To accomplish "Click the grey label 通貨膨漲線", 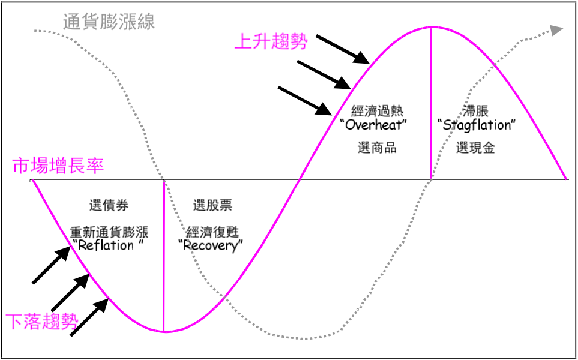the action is coord(109,22).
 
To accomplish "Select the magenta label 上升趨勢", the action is coord(271,41).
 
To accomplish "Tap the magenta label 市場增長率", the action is coord(58,166).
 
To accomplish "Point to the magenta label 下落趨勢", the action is coord(42,322).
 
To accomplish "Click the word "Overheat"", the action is coord(376,125).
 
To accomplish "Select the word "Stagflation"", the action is coord(476,125).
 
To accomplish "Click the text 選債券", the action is coord(109,205).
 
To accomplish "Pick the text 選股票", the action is coord(212,205).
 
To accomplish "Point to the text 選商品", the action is coord(377,148).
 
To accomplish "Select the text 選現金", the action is coord(475,148).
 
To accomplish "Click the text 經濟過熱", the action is coord(377,111).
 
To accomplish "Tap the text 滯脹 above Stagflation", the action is coord(475,111).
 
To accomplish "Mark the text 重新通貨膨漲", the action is coord(109,232).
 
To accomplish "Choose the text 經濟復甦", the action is coord(212,232).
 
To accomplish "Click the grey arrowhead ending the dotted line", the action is coord(556,30).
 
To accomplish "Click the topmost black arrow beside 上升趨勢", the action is coord(343,49).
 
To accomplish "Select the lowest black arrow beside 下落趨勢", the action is coord(89,317).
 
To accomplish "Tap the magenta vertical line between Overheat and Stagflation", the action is coord(430,103).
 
